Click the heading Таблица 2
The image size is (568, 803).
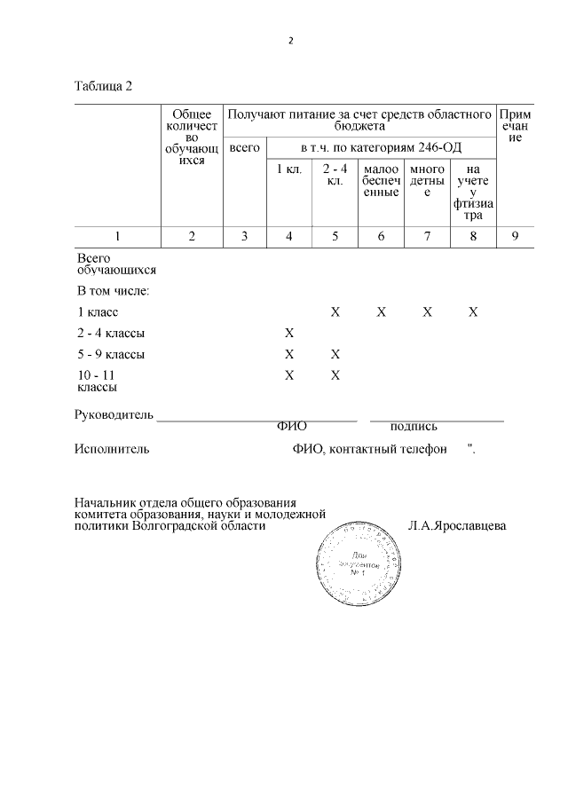104,86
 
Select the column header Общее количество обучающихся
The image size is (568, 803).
192,138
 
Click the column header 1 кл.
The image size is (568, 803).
289,169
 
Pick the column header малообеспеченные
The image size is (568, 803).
382,180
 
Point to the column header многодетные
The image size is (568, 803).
427,180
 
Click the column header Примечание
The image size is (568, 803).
516,127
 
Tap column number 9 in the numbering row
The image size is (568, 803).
516,236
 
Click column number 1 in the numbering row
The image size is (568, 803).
116,236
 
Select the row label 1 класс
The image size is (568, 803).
98,312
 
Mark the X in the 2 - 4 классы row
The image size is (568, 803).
289,334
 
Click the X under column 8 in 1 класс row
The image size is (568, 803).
473,312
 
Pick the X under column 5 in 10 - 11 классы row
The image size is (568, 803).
335,375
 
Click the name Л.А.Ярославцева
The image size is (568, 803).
457,525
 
